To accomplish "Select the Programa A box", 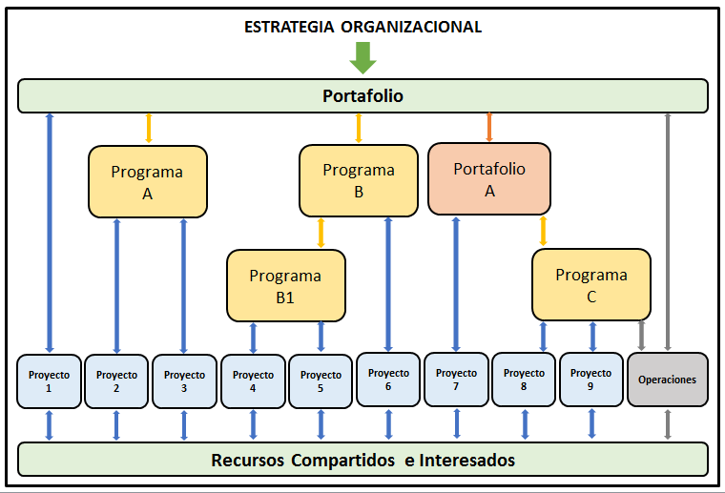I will (148, 181).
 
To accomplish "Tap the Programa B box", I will (359, 180).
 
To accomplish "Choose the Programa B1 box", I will (285, 285).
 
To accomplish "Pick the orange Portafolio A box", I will (489, 178).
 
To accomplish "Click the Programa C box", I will (591, 284).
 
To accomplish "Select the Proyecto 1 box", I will (49, 380).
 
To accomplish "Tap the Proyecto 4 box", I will (253, 380).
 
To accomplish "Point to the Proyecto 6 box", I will (388, 379).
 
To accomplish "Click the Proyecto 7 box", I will (456, 379).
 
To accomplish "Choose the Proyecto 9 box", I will (591, 379).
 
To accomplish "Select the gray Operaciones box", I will (668, 380).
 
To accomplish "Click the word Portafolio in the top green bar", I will (362, 95).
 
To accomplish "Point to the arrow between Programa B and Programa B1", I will (321, 233).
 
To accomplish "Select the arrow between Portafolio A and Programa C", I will (544, 232).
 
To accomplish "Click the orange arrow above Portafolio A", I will (489, 128).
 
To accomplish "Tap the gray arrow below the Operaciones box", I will (668, 425).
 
